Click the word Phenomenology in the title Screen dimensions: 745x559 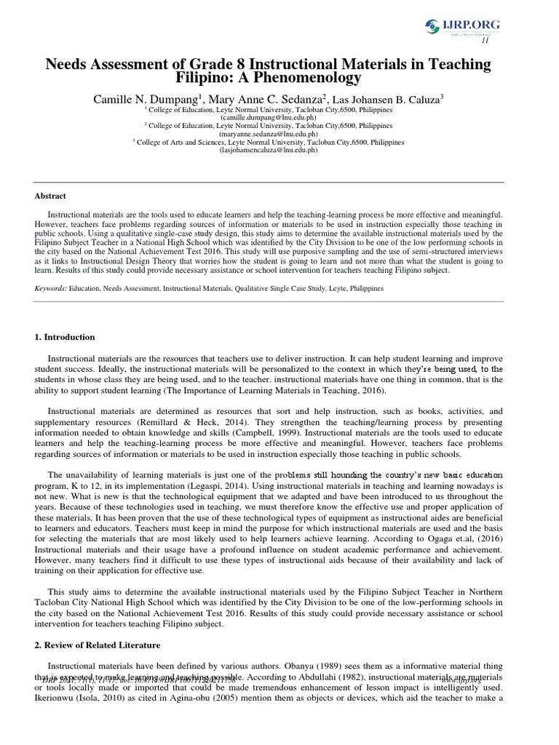click(x=314, y=78)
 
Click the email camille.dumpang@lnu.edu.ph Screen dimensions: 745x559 click(x=279, y=116)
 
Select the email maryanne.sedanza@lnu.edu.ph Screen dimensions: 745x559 click(x=279, y=133)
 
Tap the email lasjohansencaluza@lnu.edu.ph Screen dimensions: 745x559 click(x=279, y=151)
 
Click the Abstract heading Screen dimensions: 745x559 click(x=51, y=196)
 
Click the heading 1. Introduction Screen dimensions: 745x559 click(x=66, y=338)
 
